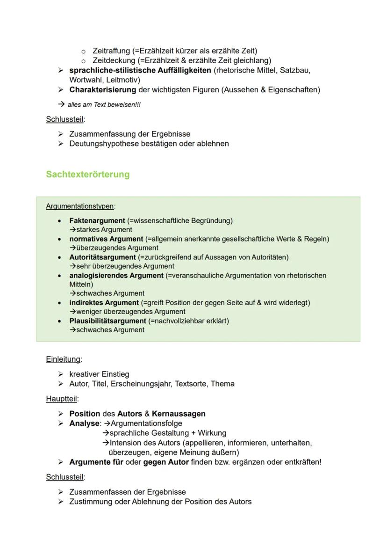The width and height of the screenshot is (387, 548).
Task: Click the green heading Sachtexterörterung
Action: click(x=87, y=175)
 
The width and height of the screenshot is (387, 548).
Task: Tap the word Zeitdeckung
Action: click(x=114, y=60)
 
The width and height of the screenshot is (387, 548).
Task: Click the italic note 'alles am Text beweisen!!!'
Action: click(x=104, y=105)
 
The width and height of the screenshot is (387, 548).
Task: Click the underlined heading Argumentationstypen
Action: click(x=80, y=206)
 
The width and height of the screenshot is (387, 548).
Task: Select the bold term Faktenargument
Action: click(x=97, y=220)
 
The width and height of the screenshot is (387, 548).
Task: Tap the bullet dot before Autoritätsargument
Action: click(x=59, y=257)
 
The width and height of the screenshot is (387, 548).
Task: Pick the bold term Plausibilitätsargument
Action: click(x=107, y=321)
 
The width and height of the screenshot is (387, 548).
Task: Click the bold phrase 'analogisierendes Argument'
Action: click(x=116, y=276)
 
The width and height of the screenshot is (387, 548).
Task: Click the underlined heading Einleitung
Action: click(x=63, y=359)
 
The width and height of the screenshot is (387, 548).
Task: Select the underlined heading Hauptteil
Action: click(x=62, y=399)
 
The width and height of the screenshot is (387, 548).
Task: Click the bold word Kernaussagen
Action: click(x=179, y=414)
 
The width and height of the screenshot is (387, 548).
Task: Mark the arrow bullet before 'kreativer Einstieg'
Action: click(x=60, y=374)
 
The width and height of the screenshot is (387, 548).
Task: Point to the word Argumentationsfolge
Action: click(x=146, y=424)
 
